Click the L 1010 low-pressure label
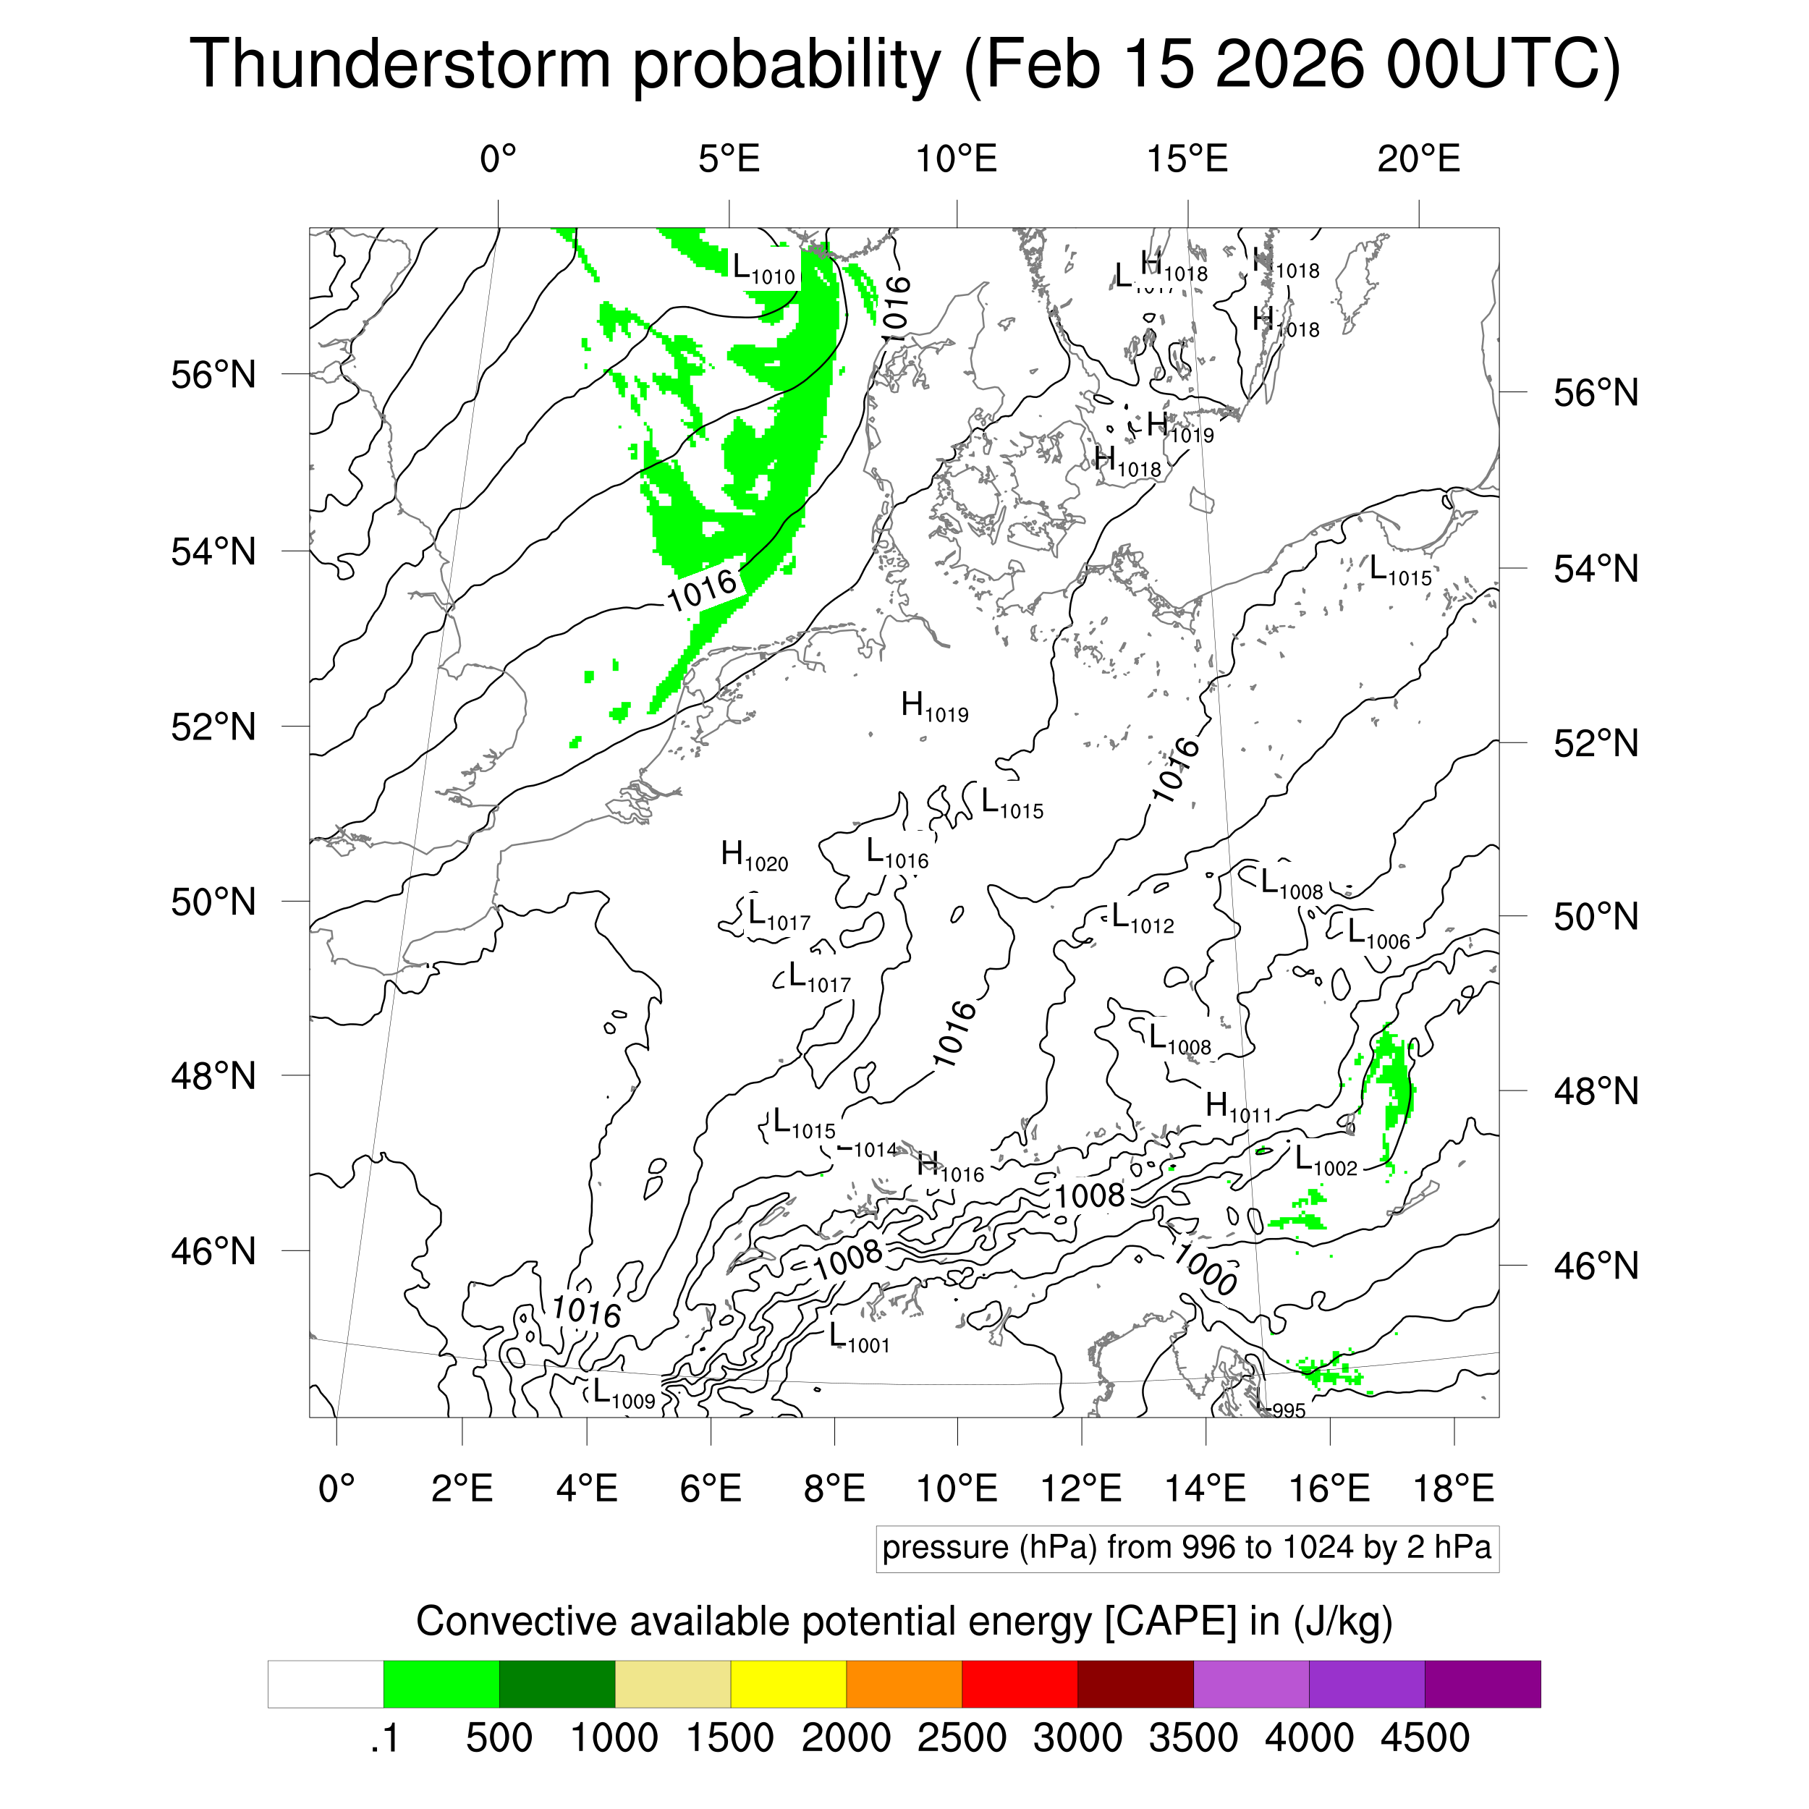[763, 271]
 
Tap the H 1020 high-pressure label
[754, 856]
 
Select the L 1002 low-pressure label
[1325, 1162]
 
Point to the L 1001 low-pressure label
[859, 1338]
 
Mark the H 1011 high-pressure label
[1238, 1109]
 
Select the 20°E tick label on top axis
[1418, 159]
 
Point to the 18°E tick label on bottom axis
[1453, 1488]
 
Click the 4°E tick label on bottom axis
[586, 1488]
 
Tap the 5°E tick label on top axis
[729, 159]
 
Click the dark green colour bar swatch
[556, 1685]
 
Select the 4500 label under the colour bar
[1424, 1739]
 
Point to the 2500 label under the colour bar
[961, 1739]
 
